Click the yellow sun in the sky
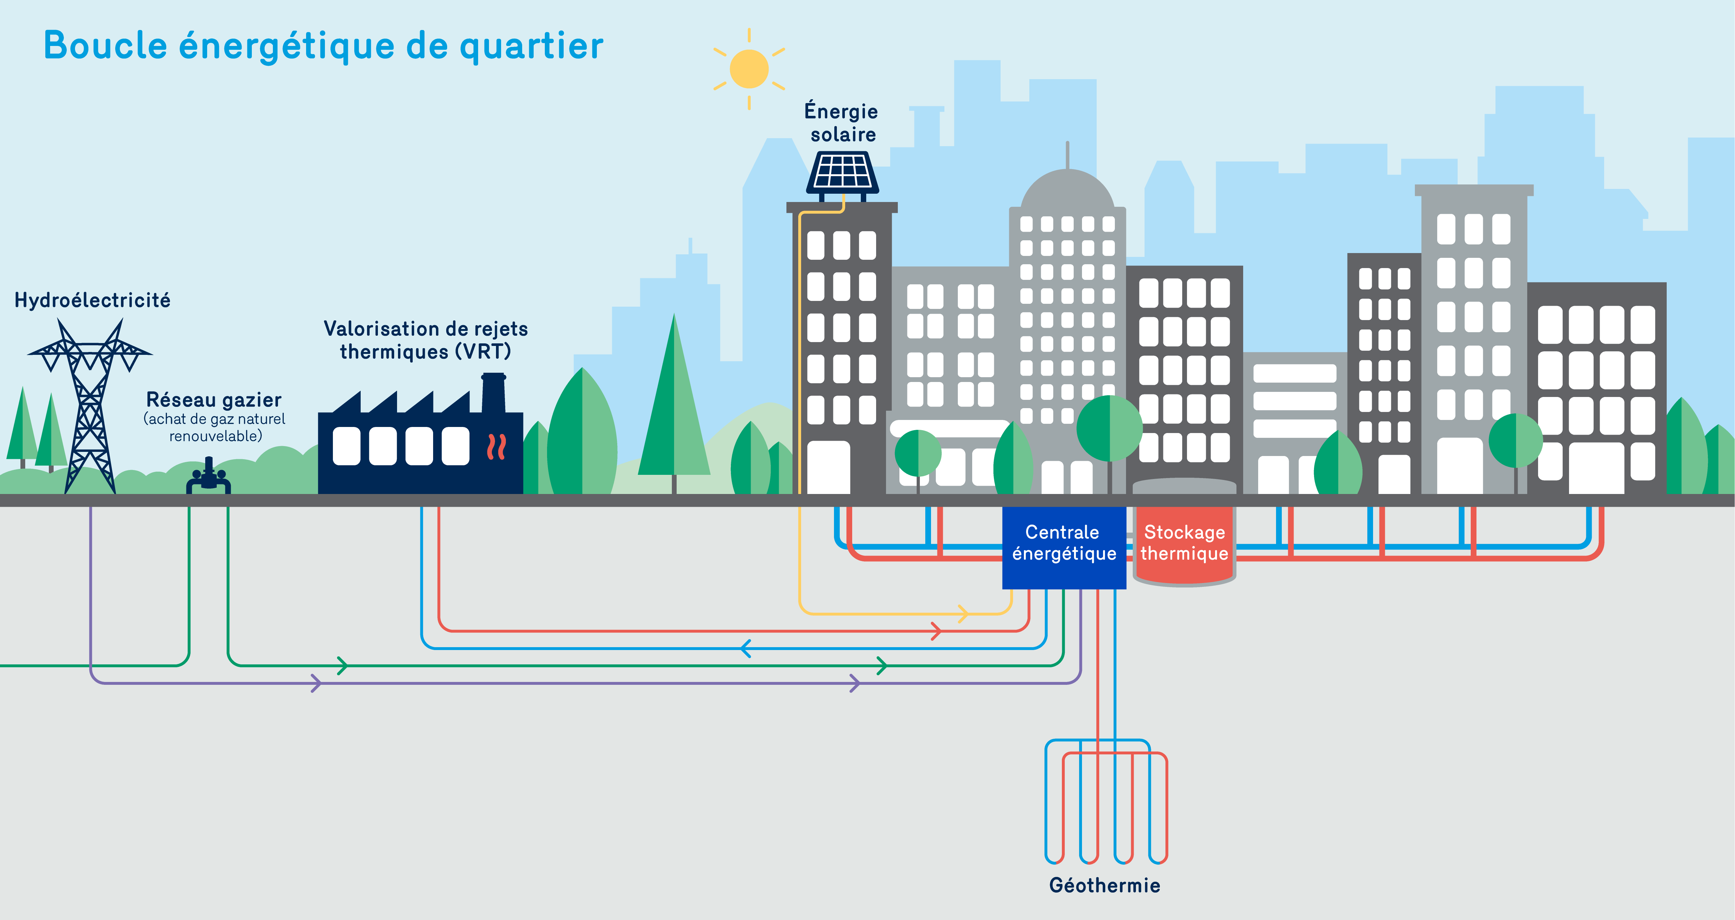tap(749, 69)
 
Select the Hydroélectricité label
tap(92, 300)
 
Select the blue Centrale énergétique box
tap(1063, 547)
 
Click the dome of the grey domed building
tap(1068, 192)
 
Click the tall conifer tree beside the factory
tap(673, 404)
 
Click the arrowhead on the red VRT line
tap(935, 631)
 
